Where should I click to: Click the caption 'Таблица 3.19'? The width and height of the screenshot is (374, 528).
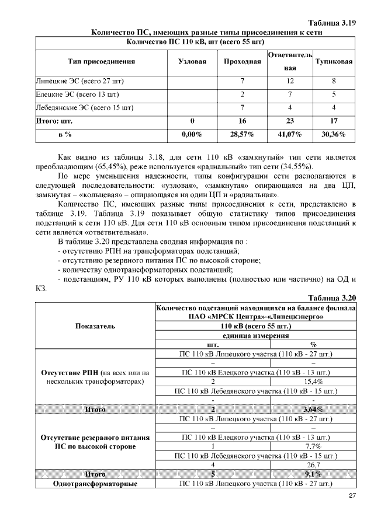point(332,23)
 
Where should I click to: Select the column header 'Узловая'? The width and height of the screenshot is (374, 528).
point(192,61)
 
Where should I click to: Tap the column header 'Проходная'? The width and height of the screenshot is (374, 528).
point(242,61)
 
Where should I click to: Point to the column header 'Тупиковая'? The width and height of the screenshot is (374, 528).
point(334,61)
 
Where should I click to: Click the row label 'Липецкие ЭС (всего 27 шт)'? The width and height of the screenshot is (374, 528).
point(80,81)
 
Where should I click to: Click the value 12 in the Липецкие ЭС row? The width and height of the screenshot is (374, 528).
point(290,81)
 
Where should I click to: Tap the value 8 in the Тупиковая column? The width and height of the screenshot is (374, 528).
point(334,81)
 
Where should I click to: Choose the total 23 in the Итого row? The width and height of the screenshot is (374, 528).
point(290,121)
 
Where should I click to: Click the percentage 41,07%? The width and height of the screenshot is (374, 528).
point(290,134)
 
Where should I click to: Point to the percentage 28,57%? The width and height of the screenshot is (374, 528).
point(242,134)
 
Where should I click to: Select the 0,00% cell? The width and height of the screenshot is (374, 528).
point(192,134)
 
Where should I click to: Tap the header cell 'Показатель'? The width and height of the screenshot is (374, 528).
point(95,327)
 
